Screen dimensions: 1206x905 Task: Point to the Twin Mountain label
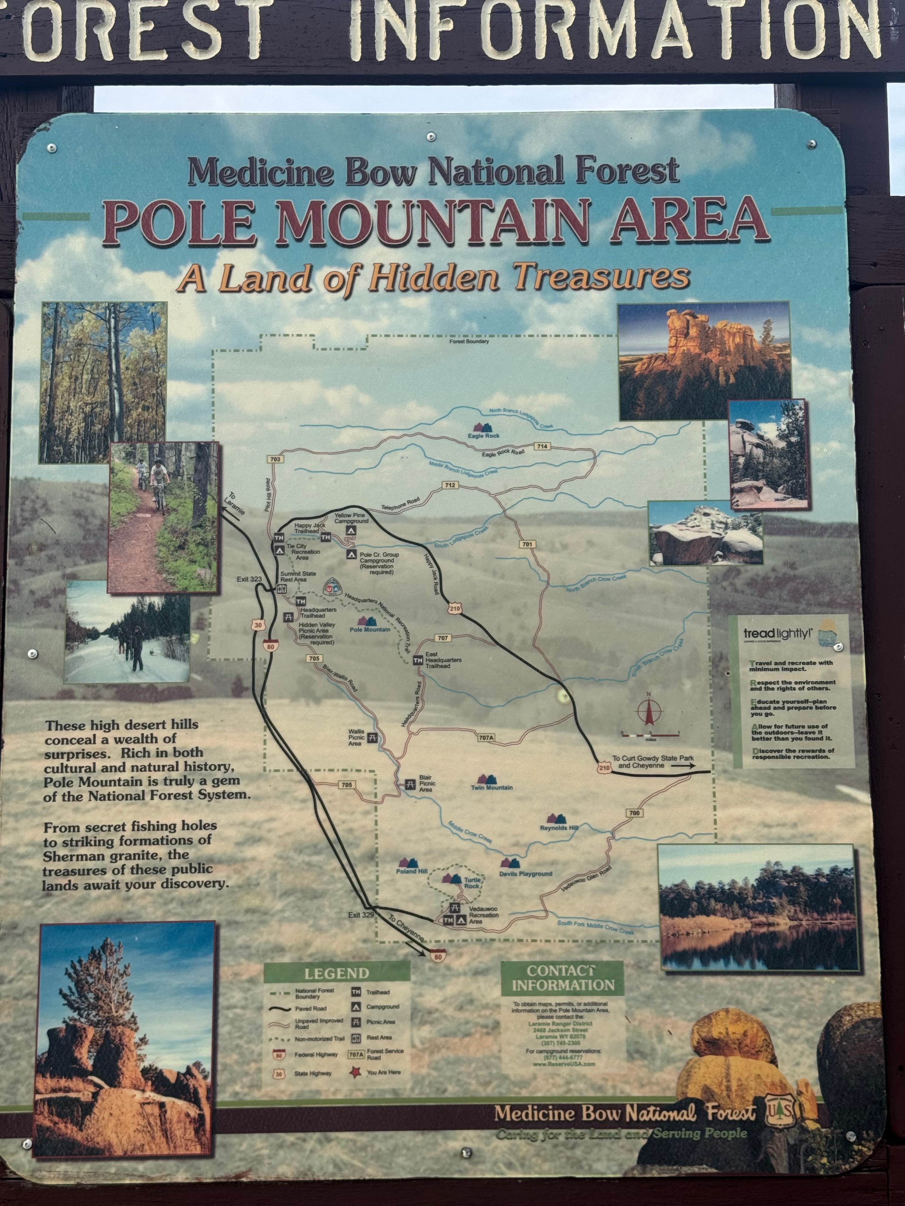[491, 787]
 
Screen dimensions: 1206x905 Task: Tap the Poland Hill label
[411, 871]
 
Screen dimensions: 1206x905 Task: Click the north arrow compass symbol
[649, 710]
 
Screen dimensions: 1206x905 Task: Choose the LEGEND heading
[337, 973]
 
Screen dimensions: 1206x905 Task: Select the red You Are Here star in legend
[357, 1072]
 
